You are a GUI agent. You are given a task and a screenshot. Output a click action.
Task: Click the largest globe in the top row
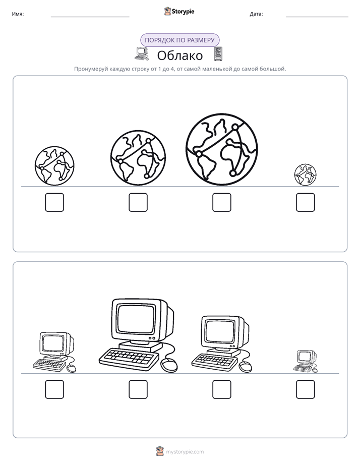pyautogui.click(x=221, y=149)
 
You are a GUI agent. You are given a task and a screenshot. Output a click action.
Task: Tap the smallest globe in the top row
pyautogui.click(x=306, y=174)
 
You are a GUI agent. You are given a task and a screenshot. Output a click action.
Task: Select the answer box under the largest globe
pyautogui.click(x=221, y=202)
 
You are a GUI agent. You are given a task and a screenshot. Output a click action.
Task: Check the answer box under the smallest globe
pyautogui.click(x=306, y=202)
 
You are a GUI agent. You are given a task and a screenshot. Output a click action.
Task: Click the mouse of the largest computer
pyautogui.click(x=169, y=365)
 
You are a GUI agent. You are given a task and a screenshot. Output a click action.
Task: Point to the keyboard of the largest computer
pyautogui.click(x=128, y=359)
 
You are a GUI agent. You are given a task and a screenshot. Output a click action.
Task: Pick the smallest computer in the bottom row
pyautogui.click(x=306, y=361)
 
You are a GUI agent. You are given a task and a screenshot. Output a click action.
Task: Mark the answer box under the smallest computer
pyautogui.click(x=306, y=389)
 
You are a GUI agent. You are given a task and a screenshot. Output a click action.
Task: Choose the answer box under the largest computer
pyautogui.click(x=138, y=389)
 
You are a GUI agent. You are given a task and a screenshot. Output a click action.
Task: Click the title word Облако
pyautogui.click(x=180, y=55)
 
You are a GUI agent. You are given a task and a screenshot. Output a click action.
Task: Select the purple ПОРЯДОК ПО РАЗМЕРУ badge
pyautogui.click(x=179, y=40)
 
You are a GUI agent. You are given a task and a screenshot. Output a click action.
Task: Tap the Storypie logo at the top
pyautogui.click(x=179, y=11)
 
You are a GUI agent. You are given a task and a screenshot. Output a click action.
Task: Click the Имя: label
pyautogui.click(x=18, y=14)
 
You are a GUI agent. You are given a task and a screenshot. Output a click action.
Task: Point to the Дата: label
pyautogui.click(x=256, y=14)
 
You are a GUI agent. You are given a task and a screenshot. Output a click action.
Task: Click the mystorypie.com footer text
pyautogui.click(x=185, y=452)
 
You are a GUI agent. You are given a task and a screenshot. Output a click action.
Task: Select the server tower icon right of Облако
pyautogui.click(x=218, y=54)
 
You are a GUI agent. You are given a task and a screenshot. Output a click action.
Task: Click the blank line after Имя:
pyautogui.click(x=90, y=17)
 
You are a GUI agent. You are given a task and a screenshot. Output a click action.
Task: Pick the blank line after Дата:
pyautogui.click(x=317, y=17)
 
